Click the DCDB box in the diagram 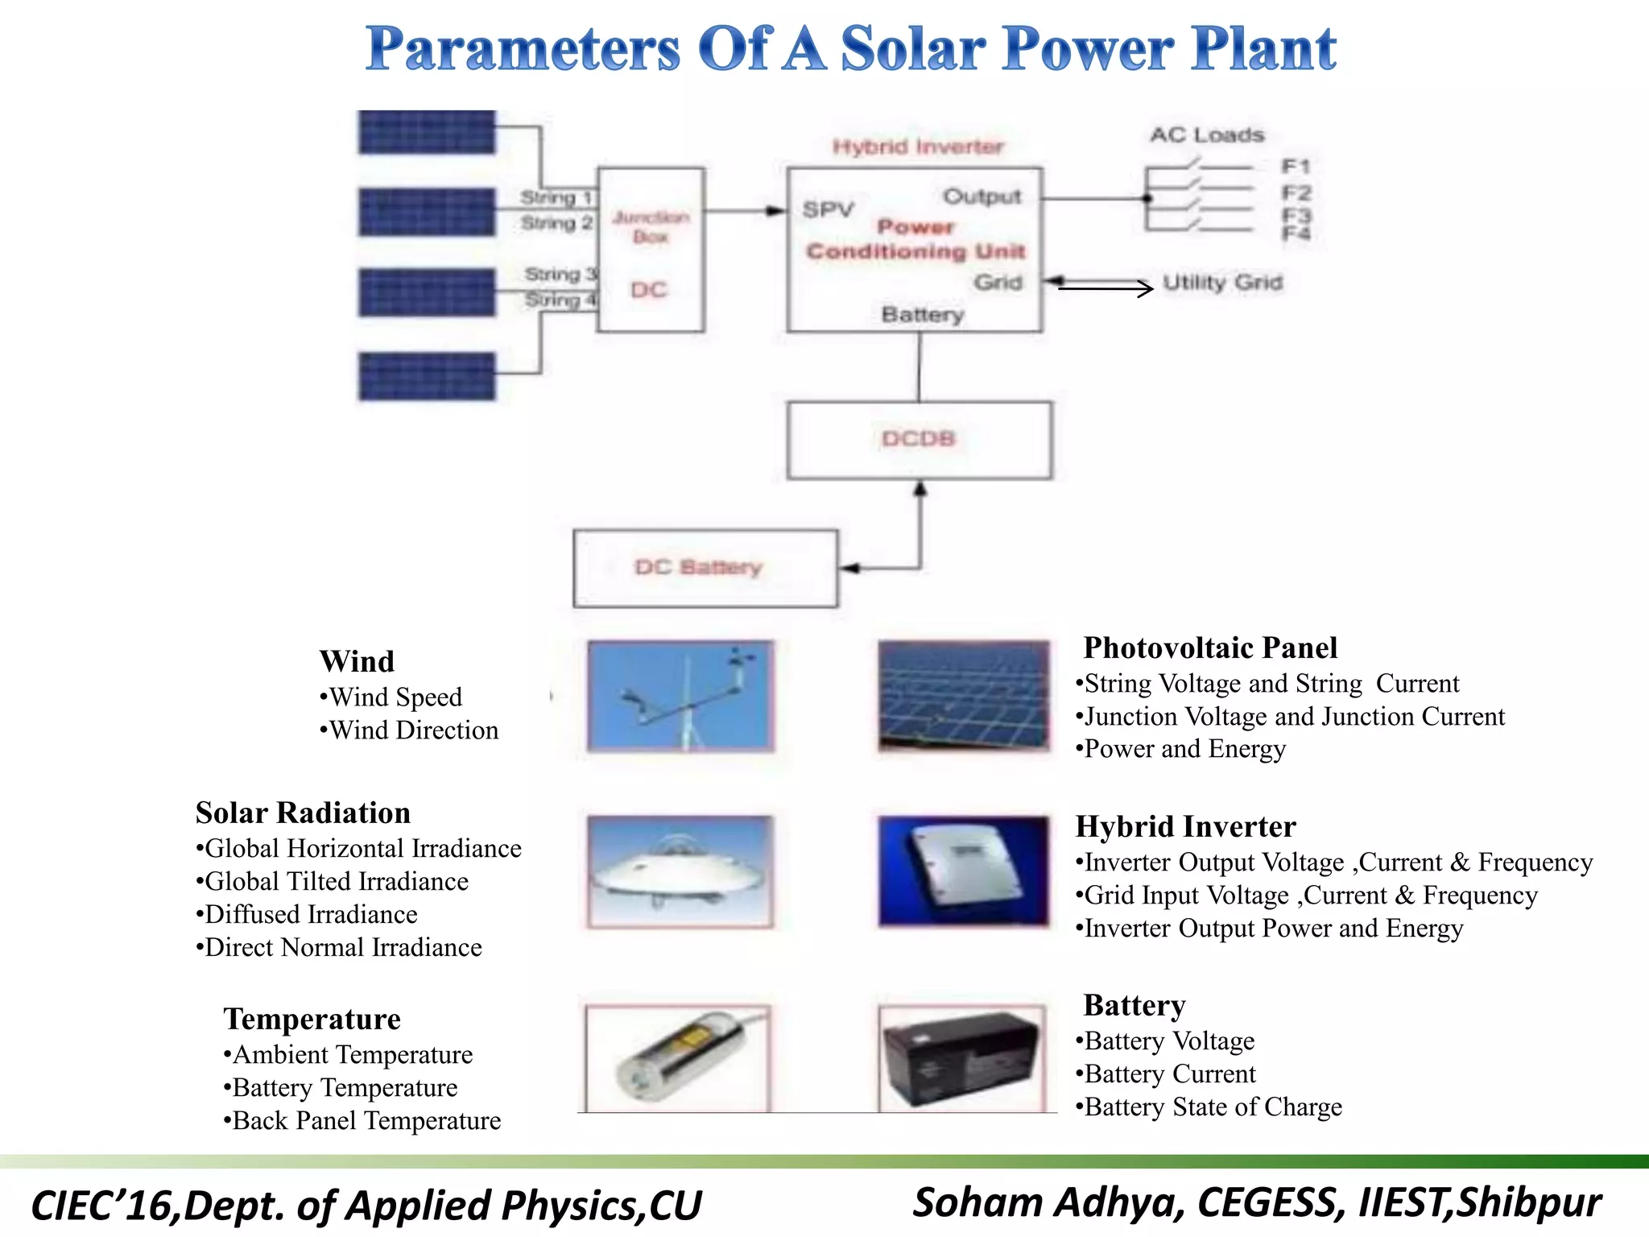919,440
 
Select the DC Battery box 705,568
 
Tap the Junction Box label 651,226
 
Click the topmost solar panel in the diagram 427,132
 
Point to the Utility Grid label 1221,283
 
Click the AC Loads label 1206,135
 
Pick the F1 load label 1296,167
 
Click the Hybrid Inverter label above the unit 918,147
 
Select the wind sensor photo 680,697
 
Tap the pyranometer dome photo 680,871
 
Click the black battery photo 962,1059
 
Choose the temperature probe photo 678,1059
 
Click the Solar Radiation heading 303,813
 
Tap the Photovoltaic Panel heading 1209,648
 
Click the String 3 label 560,274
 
